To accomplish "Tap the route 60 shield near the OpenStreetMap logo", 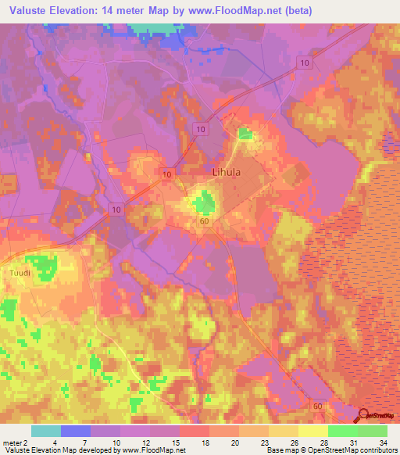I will [317, 407].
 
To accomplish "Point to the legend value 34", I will [382, 442].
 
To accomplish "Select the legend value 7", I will [84, 442].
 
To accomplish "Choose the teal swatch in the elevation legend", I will [46, 431].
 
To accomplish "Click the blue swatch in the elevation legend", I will [76, 431].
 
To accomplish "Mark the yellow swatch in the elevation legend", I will [313, 431].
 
